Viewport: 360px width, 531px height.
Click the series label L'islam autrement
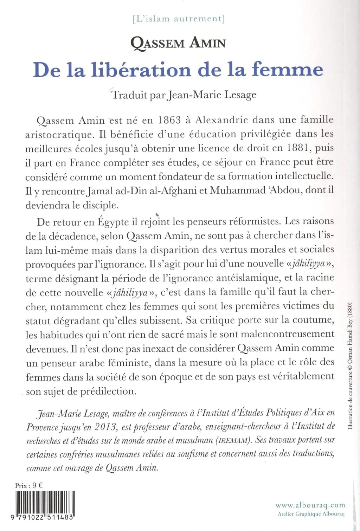pos(179,19)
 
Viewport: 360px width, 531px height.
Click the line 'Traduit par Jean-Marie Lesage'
pos(184,95)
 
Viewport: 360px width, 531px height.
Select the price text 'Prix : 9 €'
pos(29,486)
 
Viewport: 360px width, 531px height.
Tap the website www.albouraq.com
pos(310,505)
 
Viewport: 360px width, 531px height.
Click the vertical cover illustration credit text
pos(350,365)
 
